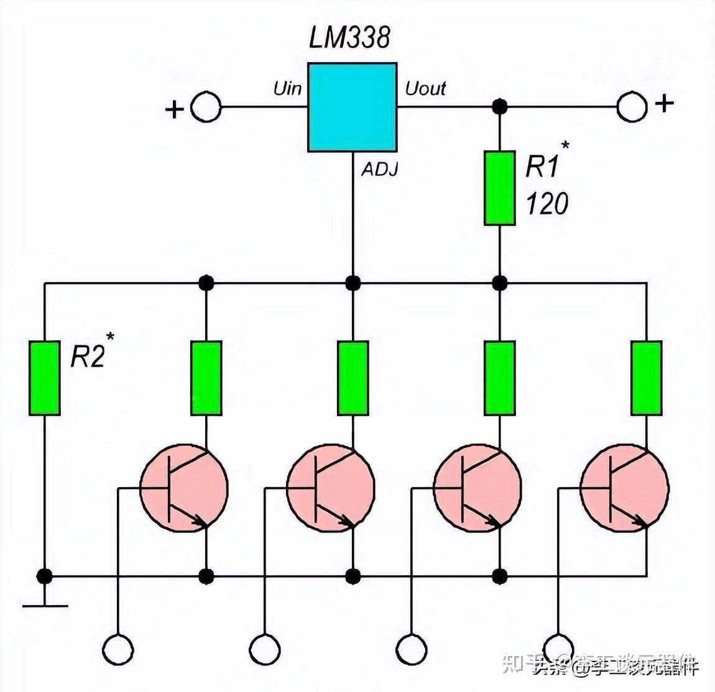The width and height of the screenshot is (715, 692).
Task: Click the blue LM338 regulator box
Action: [352, 107]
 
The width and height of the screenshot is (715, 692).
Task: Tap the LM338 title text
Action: [349, 38]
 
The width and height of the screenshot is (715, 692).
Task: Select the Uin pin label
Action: [287, 89]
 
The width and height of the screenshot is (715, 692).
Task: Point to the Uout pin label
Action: [426, 89]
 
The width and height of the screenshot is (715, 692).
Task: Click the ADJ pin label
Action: [379, 170]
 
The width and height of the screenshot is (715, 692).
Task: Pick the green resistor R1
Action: [499, 188]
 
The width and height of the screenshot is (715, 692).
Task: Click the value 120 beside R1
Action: [547, 204]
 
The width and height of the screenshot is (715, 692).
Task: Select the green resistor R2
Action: [45, 378]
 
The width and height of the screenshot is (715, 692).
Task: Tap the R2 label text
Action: [88, 357]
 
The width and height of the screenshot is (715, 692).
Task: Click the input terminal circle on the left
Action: [205, 107]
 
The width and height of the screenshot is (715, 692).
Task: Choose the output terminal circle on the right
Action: [632, 107]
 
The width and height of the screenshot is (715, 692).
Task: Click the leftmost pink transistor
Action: [184, 488]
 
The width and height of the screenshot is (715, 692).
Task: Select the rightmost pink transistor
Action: [625, 488]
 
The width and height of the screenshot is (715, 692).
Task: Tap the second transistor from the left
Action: [331, 488]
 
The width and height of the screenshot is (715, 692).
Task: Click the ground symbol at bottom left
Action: [45, 604]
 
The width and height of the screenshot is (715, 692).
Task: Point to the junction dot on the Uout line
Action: [499, 107]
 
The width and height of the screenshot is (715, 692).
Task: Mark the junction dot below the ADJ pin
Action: [353, 283]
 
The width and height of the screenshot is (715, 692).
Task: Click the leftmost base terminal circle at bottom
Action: [118, 650]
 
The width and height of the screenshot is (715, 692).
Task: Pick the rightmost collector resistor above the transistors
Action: [647, 378]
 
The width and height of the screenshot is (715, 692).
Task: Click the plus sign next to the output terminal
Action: [665, 103]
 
